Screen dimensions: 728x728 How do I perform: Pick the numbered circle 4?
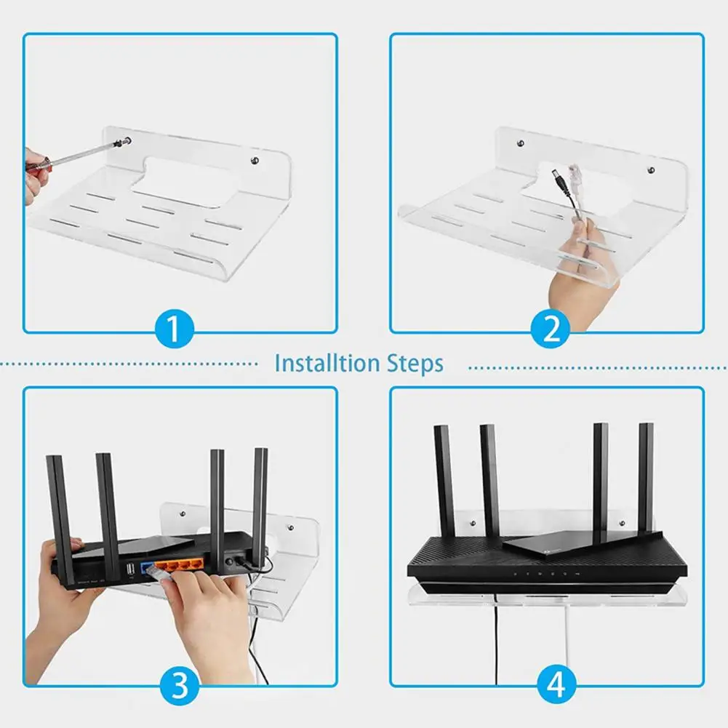click(556, 684)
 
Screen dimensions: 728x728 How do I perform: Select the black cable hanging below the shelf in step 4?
click(497, 640)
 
